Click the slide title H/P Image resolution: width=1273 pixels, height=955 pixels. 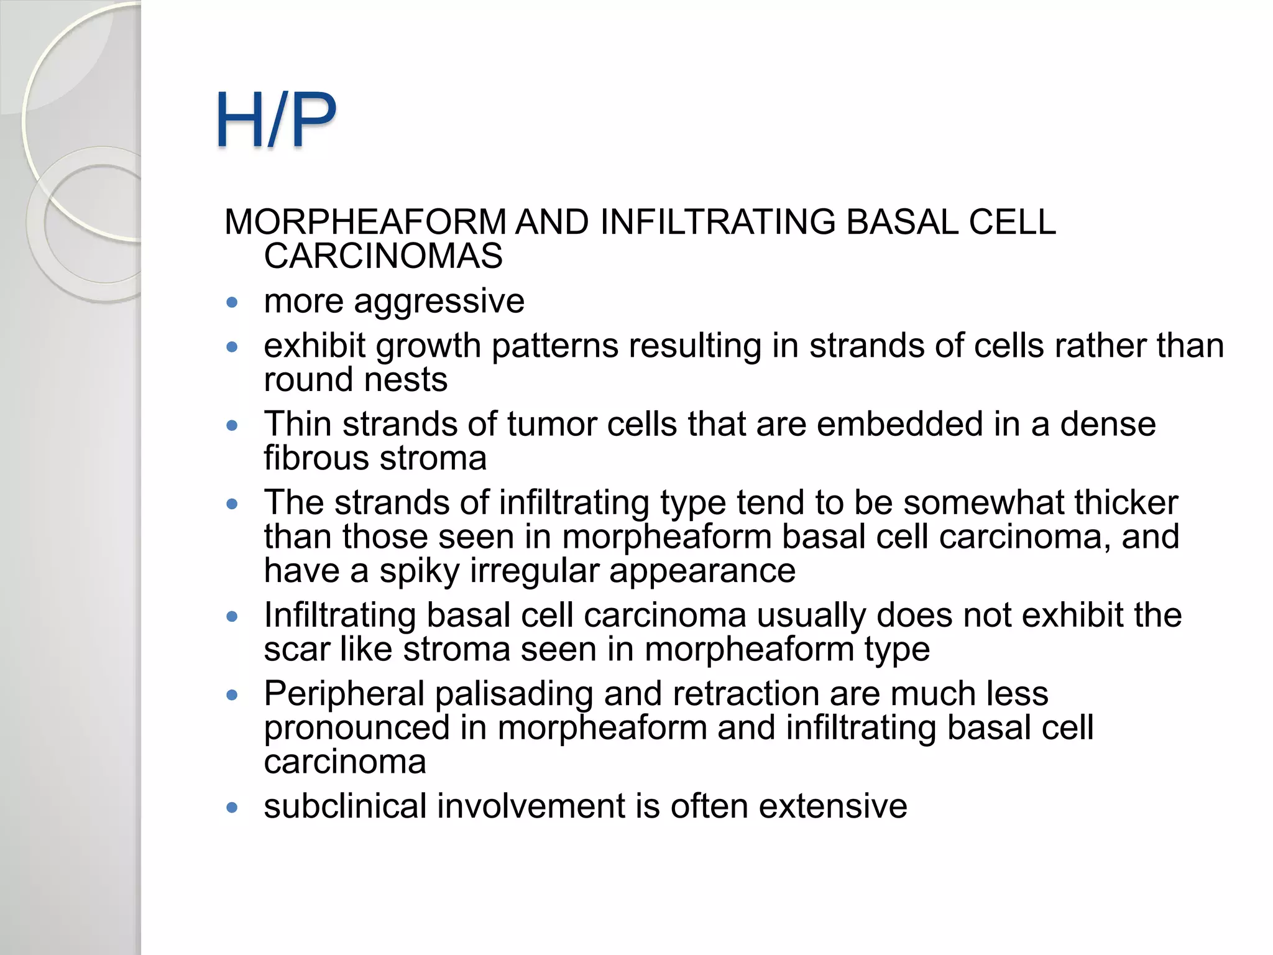(x=276, y=119)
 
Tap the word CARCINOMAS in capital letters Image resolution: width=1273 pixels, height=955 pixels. (x=383, y=256)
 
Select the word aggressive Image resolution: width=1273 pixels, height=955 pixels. (x=439, y=302)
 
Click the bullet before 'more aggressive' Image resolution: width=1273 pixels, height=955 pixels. (x=232, y=303)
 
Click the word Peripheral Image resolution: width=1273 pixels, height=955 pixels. (x=344, y=694)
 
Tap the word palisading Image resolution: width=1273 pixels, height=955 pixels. (x=513, y=694)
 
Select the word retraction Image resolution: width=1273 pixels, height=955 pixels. (x=745, y=694)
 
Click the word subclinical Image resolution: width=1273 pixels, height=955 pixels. (x=345, y=806)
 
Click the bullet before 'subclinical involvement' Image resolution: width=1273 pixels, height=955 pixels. (x=232, y=808)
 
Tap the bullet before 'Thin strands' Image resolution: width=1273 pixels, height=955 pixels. (x=232, y=426)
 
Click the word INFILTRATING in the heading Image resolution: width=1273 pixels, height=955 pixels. (x=717, y=222)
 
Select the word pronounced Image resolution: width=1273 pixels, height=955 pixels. (x=357, y=729)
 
